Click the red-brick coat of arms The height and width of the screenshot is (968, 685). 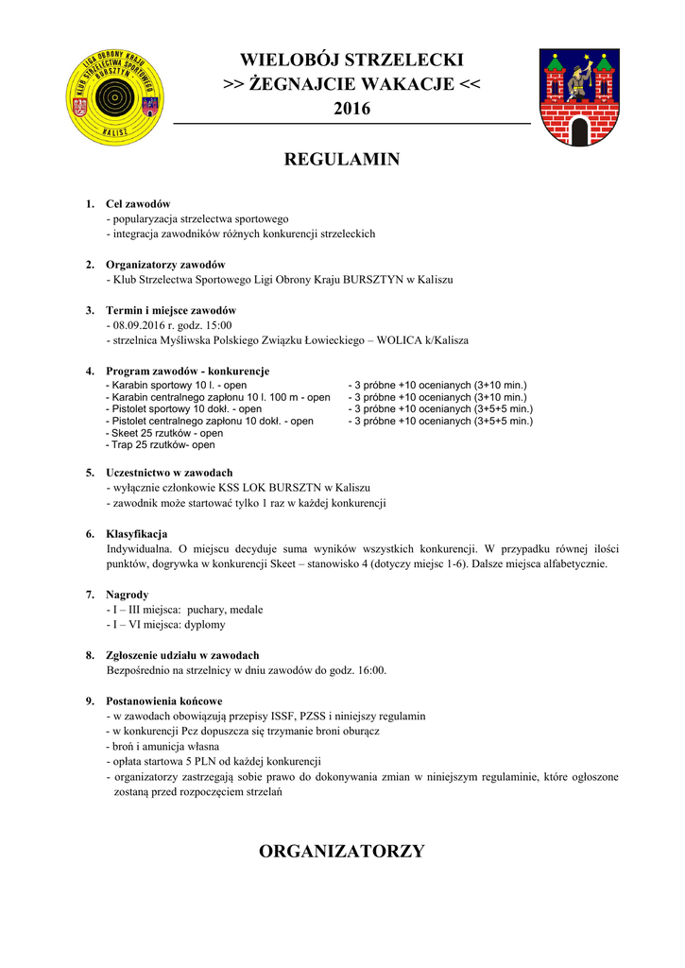pos(579,97)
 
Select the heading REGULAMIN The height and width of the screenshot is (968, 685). pos(342,160)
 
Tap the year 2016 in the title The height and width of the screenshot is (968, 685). pos(351,110)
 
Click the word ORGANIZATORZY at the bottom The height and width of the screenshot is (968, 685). pos(342,851)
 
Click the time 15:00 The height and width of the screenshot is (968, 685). pos(217,325)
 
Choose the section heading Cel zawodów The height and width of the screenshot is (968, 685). pos(138,204)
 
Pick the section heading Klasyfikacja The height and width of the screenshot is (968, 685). pos(137,534)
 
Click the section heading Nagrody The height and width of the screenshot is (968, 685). pos(128,595)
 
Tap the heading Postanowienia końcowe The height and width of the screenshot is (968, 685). pos(164,701)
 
